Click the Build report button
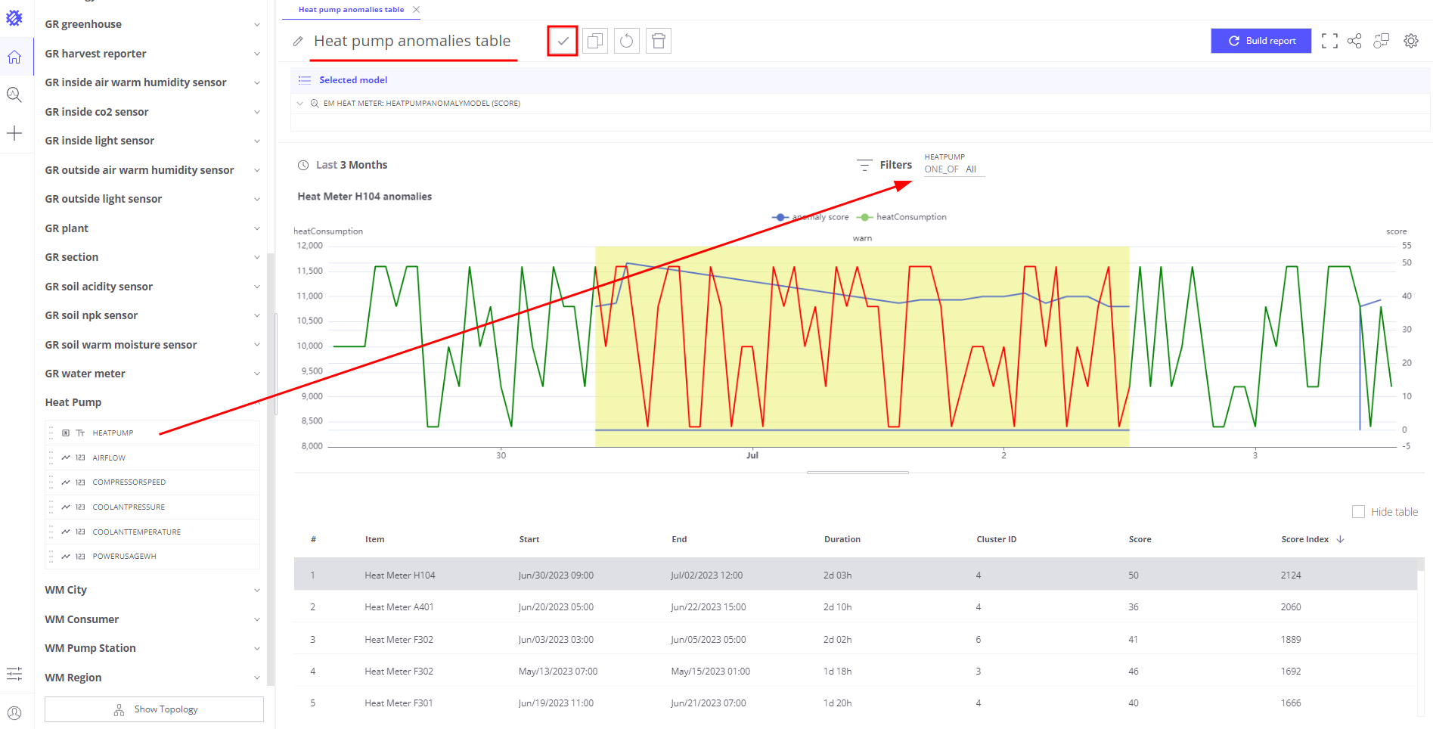point(1261,41)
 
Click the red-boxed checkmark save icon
point(563,41)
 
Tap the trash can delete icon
point(659,41)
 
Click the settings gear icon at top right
point(1410,41)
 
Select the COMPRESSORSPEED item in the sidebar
point(129,482)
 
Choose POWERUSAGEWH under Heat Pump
point(124,557)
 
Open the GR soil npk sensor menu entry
point(92,315)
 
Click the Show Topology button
point(154,709)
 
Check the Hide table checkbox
point(1358,512)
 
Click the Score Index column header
point(1304,539)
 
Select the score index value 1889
point(1291,640)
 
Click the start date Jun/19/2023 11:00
point(556,703)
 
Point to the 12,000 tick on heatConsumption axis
point(310,246)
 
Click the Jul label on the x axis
point(752,455)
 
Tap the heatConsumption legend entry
point(910,217)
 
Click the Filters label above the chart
point(895,165)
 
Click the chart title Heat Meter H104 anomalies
point(364,197)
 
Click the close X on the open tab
point(417,10)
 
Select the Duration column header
point(842,539)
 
